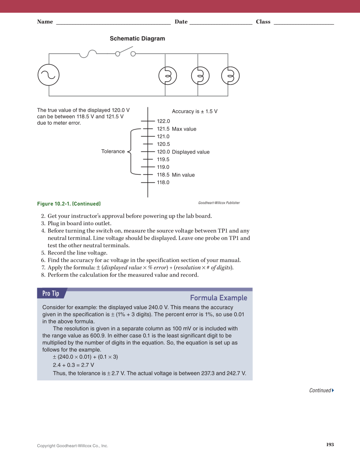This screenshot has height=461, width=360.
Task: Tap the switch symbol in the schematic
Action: click(125, 53)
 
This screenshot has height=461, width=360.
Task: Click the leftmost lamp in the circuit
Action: click(167, 76)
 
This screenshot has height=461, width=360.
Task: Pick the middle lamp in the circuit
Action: click(200, 76)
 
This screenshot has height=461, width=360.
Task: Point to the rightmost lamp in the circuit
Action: click(230, 76)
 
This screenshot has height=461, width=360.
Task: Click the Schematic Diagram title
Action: click(137, 39)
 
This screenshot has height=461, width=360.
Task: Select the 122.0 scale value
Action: click(163, 121)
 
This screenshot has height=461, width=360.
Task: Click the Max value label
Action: click(184, 129)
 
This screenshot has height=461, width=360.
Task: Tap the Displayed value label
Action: click(190, 152)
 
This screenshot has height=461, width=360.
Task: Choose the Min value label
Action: click(183, 175)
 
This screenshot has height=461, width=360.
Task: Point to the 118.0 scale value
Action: click(163, 182)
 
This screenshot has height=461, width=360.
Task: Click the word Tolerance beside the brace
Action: click(113, 151)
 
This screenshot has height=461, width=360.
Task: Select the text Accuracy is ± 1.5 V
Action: click(195, 112)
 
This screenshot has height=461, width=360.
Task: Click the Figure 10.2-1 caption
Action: click(69, 204)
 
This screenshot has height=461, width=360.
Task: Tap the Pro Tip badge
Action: click(51, 293)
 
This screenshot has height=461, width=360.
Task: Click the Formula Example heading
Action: click(218, 298)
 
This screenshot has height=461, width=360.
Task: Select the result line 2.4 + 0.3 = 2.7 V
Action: click(73, 365)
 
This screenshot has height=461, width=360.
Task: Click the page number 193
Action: click(330, 444)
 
